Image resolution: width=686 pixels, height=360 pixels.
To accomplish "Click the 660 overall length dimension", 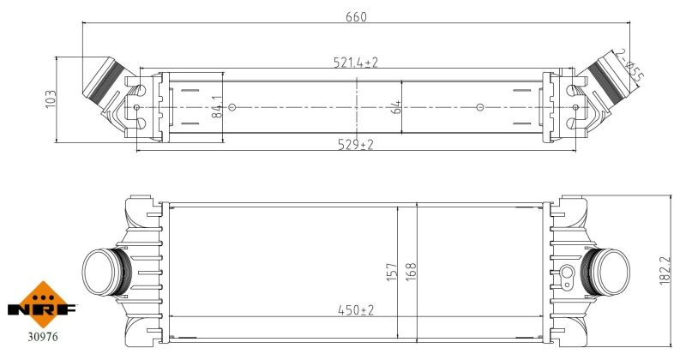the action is [356, 16].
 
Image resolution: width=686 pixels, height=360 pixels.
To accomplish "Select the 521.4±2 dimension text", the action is [355, 63].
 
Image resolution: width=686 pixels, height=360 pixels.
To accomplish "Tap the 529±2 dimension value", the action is [356, 144].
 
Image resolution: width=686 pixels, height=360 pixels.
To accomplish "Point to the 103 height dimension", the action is [51, 99].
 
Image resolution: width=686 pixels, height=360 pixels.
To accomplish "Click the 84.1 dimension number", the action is [218, 107].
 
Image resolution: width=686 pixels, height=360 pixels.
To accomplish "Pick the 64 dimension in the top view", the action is [395, 107].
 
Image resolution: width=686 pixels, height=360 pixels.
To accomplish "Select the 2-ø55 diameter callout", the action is [630, 65].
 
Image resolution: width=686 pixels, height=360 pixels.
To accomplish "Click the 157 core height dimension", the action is [392, 272].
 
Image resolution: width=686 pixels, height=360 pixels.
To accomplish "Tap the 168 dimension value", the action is [411, 272].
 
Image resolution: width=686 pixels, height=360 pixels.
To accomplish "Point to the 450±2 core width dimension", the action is [356, 310].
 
